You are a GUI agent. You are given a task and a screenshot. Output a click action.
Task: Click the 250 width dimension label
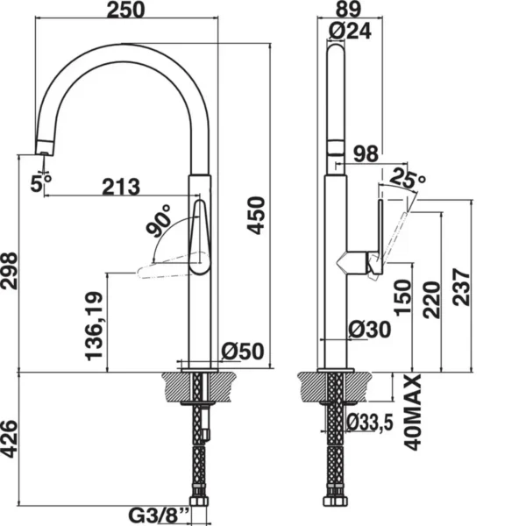[126, 10]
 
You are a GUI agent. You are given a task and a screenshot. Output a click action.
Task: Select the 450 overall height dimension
[256, 216]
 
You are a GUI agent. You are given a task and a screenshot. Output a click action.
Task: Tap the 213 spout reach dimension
[121, 187]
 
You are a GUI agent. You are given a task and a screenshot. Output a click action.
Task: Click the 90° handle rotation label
[159, 220]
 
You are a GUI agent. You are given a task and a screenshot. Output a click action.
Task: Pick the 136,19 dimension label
[94, 326]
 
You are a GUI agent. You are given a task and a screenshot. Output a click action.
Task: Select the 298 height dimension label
[9, 270]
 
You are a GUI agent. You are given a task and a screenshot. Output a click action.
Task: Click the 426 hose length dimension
[9, 439]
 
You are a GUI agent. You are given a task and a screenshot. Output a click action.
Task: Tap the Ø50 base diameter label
[243, 352]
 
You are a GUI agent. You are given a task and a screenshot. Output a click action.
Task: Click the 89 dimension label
[349, 9]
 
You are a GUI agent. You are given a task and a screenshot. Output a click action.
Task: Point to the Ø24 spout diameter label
[350, 32]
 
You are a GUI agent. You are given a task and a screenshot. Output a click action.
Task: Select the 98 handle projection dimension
[366, 154]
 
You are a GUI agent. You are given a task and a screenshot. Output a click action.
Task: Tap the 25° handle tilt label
[408, 177]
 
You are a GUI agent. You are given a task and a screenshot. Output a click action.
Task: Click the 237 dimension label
[462, 287]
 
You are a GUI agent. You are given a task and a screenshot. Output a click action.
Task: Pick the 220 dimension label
[431, 300]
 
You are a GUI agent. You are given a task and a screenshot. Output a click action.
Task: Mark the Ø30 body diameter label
[370, 330]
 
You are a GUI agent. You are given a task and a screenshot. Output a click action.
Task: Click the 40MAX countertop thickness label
[412, 412]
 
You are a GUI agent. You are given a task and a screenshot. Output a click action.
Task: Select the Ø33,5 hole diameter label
[370, 423]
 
